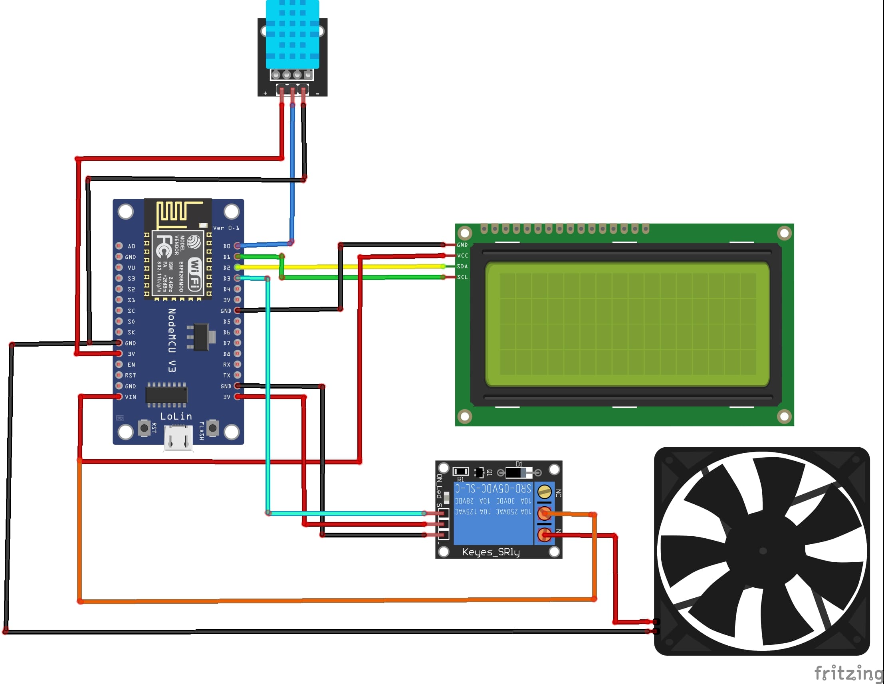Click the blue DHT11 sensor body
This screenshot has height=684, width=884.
(292, 34)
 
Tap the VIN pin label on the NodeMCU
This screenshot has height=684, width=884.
(130, 397)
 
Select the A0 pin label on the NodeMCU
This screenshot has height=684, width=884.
(131, 246)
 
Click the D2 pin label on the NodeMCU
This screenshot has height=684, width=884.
(227, 268)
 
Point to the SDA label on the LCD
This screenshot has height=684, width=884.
(462, 266)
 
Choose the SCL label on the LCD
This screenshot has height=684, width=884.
(462, 277)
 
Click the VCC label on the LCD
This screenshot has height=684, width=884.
(462, 256)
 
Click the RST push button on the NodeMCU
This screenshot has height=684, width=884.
(144, 428)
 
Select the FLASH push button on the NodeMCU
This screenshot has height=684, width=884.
(213, 428)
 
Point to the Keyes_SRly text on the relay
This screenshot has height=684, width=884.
(491, 552)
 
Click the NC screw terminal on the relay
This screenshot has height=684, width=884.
(544, 492)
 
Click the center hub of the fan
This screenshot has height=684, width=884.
(763, 551)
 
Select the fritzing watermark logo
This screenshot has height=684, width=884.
(848, 673)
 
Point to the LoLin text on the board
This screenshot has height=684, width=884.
(176, 416)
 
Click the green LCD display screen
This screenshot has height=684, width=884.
(627, 324)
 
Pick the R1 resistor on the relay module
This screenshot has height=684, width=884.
(461, 472)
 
